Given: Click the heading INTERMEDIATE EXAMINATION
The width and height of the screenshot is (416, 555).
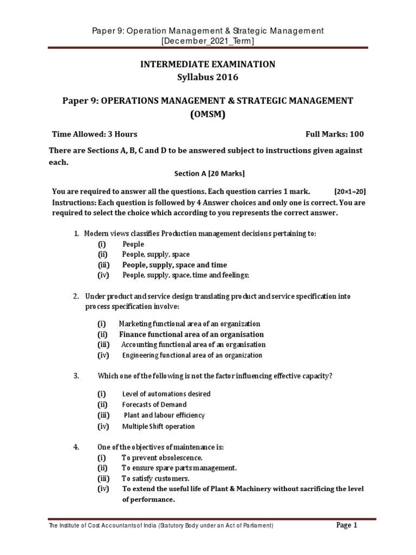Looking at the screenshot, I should [x=207, y=64].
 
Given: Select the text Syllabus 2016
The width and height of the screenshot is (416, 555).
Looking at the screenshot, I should [x=207, y=77].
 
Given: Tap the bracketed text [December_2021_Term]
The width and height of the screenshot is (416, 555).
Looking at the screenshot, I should [x=207, y=41].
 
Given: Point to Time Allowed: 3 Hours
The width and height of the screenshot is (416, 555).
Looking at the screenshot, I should [x=94, y=134].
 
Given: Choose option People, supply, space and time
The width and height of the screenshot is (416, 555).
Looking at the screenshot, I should [x=174, y=265].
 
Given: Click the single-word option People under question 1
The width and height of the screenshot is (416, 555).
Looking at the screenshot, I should [x=133, y=244].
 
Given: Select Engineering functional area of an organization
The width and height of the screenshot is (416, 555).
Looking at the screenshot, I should [x=192, y=356].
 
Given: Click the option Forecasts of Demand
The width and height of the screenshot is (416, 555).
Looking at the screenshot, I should [x=154, y=404].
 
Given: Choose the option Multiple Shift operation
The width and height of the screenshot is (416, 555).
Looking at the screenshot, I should [x=158, y=427].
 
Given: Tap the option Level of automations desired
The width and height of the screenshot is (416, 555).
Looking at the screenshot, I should [x=166, y=393].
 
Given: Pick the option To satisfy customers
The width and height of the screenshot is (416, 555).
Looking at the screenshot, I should [x=155, y=479].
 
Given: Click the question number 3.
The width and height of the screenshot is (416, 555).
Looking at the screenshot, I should [x=76, y=375].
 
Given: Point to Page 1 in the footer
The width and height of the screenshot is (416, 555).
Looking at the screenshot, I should [x=347, y=525].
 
